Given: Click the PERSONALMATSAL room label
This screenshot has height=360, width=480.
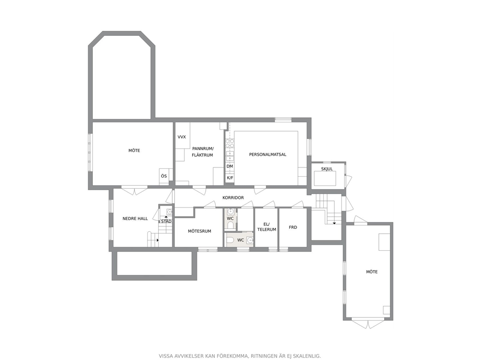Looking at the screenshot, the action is [x=268, y=154].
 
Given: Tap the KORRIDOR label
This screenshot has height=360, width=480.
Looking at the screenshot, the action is [x=233, y=198].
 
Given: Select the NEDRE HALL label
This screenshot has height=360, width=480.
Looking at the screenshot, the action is [x=135, y=219].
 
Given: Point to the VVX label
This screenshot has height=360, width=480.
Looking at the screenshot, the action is [x=181, y=137].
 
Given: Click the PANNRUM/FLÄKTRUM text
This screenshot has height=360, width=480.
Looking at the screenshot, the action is [x=202, y=152].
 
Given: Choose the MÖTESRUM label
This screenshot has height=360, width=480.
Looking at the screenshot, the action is [x=199, y=231].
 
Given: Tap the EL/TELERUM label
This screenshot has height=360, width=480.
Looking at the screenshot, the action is [x=267, y=227].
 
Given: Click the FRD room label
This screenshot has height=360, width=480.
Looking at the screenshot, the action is [x=293, y=227].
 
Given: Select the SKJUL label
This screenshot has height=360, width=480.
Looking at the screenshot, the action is [x=327, y=169].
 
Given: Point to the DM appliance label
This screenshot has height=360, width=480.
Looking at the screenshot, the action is [x=230, y=166].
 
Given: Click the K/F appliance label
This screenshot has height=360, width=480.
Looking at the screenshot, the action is [x=230, y=178].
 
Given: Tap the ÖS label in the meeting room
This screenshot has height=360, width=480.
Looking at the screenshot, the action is [x=164, y=176].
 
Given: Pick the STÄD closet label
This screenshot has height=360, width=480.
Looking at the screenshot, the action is [x=166, y=221].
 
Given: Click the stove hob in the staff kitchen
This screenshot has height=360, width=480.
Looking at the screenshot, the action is [x=230, y=143].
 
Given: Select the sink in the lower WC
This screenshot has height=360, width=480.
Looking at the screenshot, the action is [x=251, y=240].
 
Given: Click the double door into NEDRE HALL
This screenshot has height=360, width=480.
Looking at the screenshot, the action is [x=135, y=191].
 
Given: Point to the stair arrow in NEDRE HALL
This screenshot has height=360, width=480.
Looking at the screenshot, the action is [x=158, y=240].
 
